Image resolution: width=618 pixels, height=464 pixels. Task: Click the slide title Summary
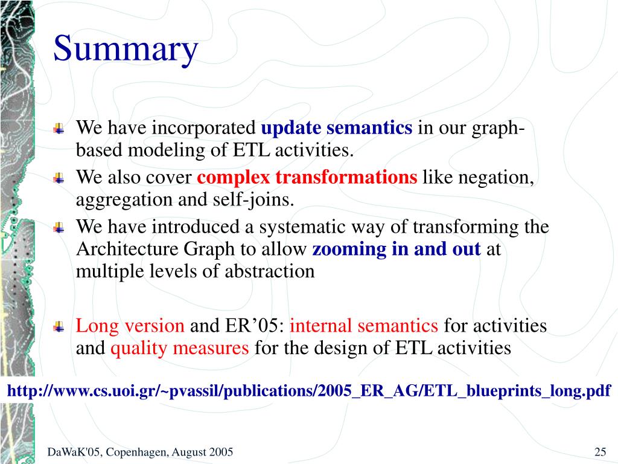click(126, 50)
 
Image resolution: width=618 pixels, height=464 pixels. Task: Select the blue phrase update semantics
click(337, 127)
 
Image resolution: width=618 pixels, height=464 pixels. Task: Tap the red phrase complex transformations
click(307, 178)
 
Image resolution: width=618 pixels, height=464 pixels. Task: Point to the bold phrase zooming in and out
click(397, 250)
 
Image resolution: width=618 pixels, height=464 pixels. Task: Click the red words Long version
click(130, 326)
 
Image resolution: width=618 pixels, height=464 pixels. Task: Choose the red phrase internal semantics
click(364, 326)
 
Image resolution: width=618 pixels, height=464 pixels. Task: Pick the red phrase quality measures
click(180, 349)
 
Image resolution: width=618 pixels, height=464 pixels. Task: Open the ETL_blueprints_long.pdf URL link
click(309, 391)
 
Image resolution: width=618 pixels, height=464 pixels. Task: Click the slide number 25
click(600, 452)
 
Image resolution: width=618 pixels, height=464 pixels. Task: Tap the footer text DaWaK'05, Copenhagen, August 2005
click(140, 452)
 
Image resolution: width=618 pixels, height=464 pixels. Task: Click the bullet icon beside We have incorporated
click(59, 128)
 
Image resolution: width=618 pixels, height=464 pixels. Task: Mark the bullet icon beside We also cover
click(59, 178)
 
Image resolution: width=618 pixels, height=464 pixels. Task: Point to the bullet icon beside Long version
click(59, 326)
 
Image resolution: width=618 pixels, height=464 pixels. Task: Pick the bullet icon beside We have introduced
click(59, 228)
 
